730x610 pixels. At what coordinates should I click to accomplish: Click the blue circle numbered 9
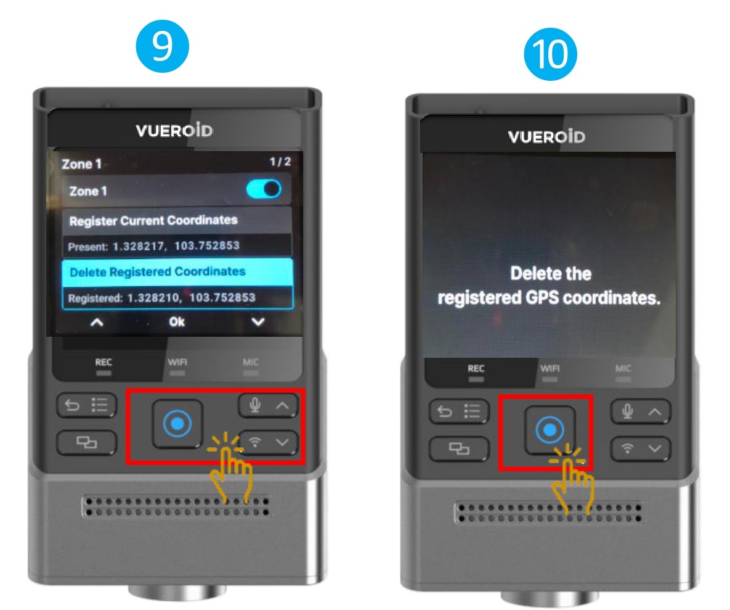tap(162, 46)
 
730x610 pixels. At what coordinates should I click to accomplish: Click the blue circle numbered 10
tap(550, 54)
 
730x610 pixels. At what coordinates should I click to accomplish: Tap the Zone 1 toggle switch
tap(264, 189)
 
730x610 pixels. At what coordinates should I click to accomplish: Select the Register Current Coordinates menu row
tap(177, 220)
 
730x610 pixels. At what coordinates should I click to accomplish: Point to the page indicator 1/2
tap(280, 162)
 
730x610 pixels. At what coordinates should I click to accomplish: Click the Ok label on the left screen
tap(177, 321)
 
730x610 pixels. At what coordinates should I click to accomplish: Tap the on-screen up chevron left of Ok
tap(97, 322)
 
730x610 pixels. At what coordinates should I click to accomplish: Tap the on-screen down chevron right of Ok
tap(258, 321)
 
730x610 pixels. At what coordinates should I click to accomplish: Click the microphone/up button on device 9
tap(268, 405)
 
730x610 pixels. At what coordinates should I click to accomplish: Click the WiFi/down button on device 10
tap(641, 448)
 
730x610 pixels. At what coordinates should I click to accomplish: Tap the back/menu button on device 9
tap(87, 405)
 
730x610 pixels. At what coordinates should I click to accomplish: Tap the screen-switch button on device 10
tap(459, 448)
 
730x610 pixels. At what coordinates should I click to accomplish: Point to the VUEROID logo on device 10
tap(546, 136)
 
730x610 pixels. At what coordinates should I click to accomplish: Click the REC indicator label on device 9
tap(103, 362)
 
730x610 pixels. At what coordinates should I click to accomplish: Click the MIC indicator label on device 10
tap(623, 368)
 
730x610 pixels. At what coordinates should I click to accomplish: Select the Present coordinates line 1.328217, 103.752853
tap(153, 246)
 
